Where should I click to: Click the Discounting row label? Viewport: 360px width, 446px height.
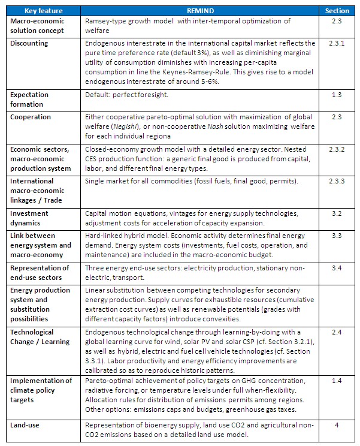(x=29, y=44)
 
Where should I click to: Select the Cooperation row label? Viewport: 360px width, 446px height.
(x=31, y=117)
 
